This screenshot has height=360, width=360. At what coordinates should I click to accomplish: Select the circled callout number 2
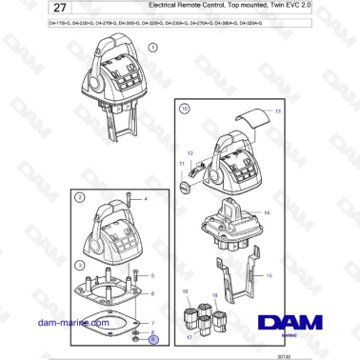pos(82,197)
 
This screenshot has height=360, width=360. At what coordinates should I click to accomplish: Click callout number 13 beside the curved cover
pos(278,112)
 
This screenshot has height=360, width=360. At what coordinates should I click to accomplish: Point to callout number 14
pos(267,212)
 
